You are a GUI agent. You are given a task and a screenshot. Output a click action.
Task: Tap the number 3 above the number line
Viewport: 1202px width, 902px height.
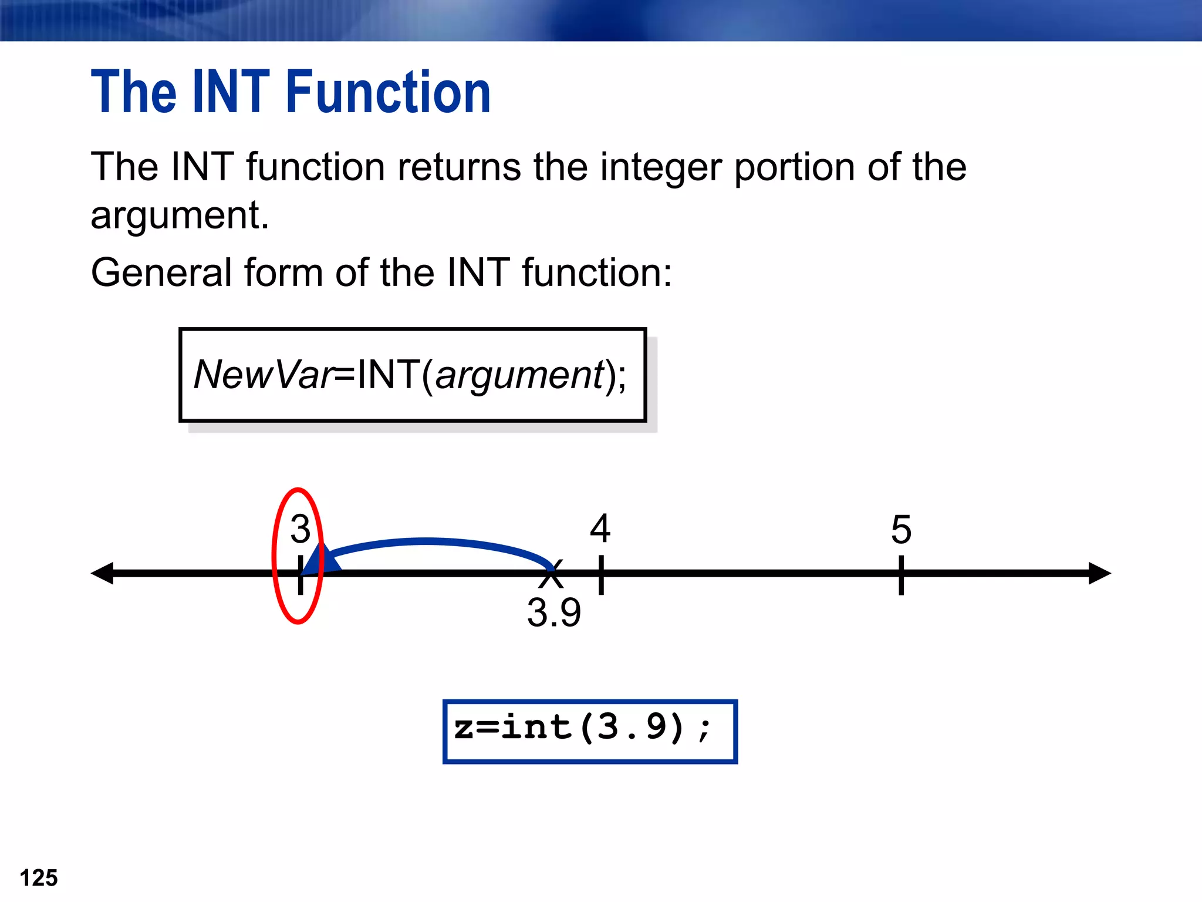tap(300, 529)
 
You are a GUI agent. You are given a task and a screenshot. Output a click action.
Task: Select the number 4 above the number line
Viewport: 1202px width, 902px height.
tap(600, 529)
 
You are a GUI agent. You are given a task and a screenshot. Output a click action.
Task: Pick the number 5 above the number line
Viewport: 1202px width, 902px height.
tap(901, 530)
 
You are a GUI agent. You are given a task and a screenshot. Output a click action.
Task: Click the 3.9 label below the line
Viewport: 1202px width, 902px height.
tap(553, 613)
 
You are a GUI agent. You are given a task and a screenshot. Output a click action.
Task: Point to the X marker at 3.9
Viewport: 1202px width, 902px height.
tap(551, 573)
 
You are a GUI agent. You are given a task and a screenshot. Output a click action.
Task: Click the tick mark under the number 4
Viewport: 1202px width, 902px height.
tap(601, 575)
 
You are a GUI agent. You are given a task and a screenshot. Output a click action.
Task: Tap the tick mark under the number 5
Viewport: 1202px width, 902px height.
tap(901, 575)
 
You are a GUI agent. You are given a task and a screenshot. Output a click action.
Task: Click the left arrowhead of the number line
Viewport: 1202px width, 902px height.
tap(103, 573)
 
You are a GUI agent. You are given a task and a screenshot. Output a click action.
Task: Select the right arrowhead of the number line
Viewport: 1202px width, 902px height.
tap(1099, 573)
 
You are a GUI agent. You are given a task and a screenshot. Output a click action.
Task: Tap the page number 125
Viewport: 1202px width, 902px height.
tap(39, 878)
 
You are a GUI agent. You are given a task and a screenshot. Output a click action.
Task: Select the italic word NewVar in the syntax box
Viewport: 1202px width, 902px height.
tap(263, 375)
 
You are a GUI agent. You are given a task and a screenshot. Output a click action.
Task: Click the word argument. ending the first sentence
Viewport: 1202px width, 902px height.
tap(180, 216)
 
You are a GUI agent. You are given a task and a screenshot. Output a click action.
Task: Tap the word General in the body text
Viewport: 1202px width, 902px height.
tap(161, 273)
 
